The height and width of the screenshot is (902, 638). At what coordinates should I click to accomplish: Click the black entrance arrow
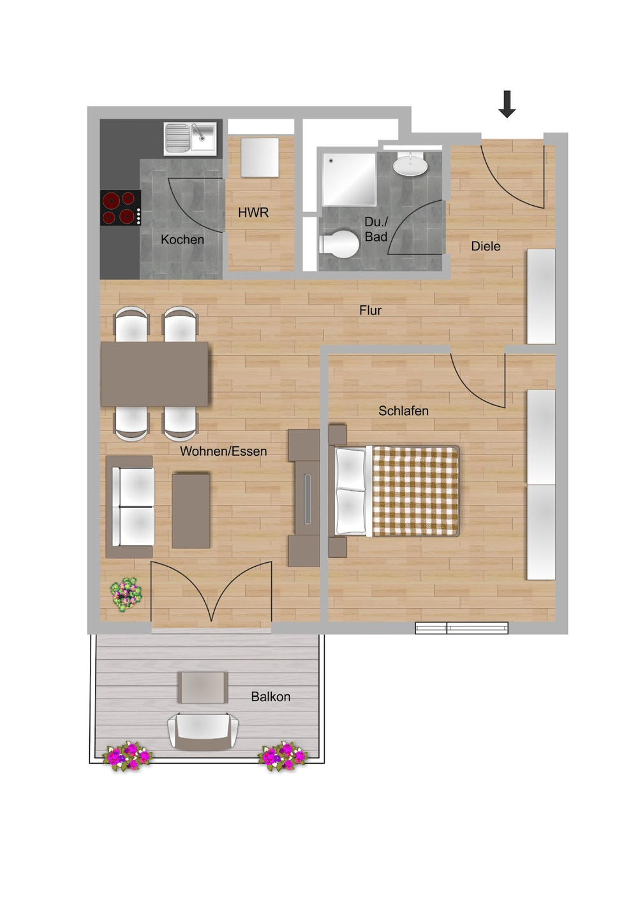[x=507, y=104]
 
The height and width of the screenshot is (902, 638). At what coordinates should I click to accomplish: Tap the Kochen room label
[x=182, y=240]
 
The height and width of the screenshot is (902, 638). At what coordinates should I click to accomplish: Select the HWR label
[x=253, y=213]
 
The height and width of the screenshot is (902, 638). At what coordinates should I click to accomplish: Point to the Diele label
[x=486, y=246]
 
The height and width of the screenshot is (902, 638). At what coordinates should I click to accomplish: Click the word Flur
[x=371, y=310]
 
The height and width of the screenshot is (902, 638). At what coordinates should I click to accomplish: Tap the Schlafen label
[x=403, y=411]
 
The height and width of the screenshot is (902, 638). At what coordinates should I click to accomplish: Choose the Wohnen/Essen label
[x=223, y=451]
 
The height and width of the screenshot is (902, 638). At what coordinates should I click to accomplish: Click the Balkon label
[x=271, y=697]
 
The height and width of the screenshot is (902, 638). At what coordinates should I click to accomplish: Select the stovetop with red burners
[x=121, y=208]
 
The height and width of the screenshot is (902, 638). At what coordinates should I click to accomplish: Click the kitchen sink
[x=190, y=138]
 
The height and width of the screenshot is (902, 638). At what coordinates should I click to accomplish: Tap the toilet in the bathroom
[x=339, y=244]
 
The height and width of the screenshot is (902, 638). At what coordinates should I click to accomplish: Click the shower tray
[x=350, y=180]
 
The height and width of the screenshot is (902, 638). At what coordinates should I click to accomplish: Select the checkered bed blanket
[x=415, y=491]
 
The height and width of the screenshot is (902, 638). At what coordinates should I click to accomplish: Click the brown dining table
[x=154, y=374]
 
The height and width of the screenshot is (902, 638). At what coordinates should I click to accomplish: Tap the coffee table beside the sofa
[x=191, y=511]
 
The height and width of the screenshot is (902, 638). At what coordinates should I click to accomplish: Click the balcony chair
[x=203, y=732]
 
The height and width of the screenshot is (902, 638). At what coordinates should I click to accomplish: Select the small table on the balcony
[x=203, y=688]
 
